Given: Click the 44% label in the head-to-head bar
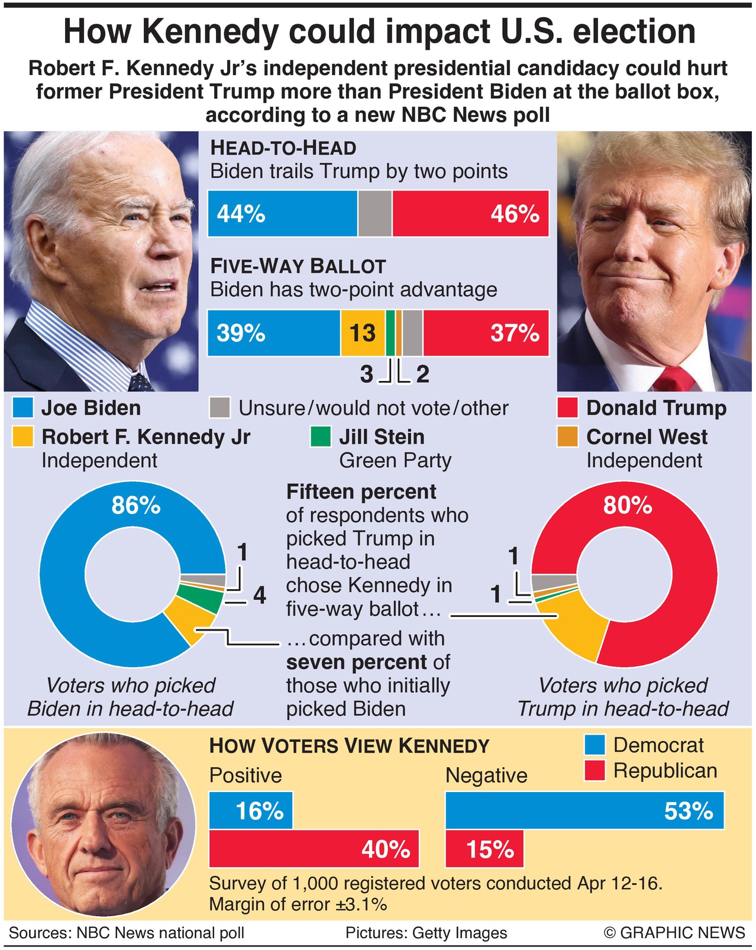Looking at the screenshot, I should click(241, 214).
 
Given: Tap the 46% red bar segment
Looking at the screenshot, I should click(470, 214).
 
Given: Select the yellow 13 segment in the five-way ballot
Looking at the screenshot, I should click(363, 333).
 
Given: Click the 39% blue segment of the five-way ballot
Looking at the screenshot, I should click(273, 333).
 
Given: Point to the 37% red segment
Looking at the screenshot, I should click(485, 333).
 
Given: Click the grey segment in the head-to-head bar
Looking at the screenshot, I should click(374, 214).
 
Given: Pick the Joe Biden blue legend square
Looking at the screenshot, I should click(22, 408).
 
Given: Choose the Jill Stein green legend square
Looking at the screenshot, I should click(321, 437).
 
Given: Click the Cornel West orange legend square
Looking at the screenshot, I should click(567, 437).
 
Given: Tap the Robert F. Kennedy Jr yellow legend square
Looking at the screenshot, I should click(22, 437).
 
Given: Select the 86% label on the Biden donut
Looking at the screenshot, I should click(136, 506).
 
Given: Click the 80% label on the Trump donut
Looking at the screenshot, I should click(628, 506).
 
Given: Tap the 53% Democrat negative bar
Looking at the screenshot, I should click(584, 811).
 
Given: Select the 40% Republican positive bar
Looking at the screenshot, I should click(314, 849).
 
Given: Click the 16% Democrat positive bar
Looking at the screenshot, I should click(251, 811).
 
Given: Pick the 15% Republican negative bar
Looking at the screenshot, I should click(484, 849).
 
